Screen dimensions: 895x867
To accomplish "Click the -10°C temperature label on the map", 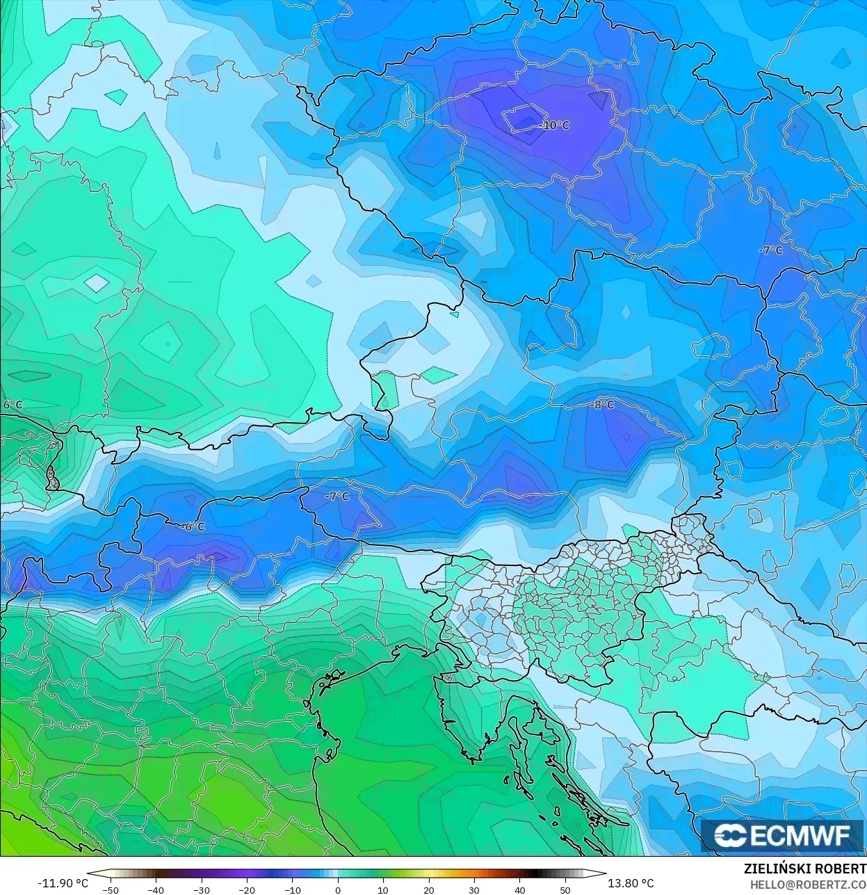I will pyautogui.click(x=555, y=126).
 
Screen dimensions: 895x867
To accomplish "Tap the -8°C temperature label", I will pyautogui.click(x=602, y=405).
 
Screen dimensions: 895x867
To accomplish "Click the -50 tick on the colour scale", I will pyautogui.click(x=110, y=889).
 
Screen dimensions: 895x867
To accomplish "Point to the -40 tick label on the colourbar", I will pyautogui.click(x=156, y=889).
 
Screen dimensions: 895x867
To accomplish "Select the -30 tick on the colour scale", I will pyautogui.click(x=201, y=889).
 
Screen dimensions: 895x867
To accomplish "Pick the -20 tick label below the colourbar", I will pyautogui.click(x=247, y=889).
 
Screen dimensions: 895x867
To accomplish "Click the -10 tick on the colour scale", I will pyautogui.click(x=292, y=889).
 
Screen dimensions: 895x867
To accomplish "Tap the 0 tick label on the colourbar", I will pyautogui.click(x=338, y=889).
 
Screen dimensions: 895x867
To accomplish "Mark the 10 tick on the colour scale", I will pyautogui.click(x=383, y=889).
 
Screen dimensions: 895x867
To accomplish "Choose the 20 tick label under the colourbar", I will pyautogui.click(x=429, y=889).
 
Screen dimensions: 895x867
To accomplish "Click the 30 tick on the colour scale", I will pyautogui.click(x=474, y=889).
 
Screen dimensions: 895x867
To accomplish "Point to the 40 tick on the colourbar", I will pyautogui.click(x=519, y=889).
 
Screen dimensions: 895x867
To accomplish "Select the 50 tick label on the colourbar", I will pyautogui.click(x=565, y=889).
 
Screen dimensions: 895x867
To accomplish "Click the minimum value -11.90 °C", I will pyautogui.click(x=63, y=883).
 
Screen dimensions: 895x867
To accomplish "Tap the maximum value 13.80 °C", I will pyautogui.click(x=631, y=883).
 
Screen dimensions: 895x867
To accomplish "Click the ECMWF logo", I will pyautogui.click(x=781, y=835).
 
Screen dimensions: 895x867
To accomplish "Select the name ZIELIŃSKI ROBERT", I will pyautogui.click(x=804, y=869).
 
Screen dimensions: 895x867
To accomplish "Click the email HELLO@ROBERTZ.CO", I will pyautogui.click(x=808, y=885).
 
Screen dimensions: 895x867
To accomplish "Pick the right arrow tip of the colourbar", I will pyautogui.click(x=605, y=873).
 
